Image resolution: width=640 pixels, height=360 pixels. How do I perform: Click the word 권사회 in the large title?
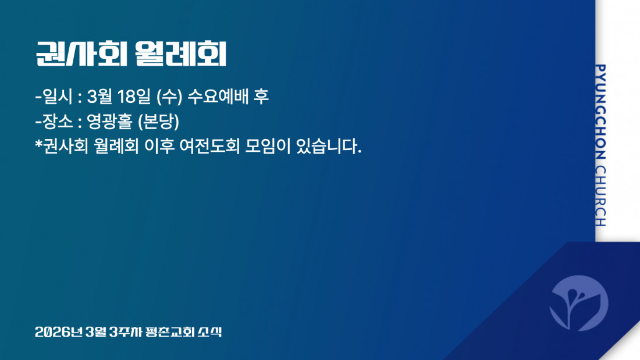(81, 54)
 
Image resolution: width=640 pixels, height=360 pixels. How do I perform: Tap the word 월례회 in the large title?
(180, 54)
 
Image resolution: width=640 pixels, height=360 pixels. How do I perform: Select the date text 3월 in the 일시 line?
(99, 97)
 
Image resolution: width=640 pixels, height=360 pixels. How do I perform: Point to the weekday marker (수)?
(169, 97)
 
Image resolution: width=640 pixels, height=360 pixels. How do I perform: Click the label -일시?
(54, 97)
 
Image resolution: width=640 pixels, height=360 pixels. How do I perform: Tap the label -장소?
(54, 121)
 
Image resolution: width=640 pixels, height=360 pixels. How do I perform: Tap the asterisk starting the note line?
(39, 144)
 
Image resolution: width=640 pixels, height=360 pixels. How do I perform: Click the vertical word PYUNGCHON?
(600, 112)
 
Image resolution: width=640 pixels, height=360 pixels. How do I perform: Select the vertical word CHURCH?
(600, 196)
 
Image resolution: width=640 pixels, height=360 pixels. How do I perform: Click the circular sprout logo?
(579, 303)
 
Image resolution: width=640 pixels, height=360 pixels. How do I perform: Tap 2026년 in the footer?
(59, 332)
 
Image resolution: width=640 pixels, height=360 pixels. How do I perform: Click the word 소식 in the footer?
(210, 332)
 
